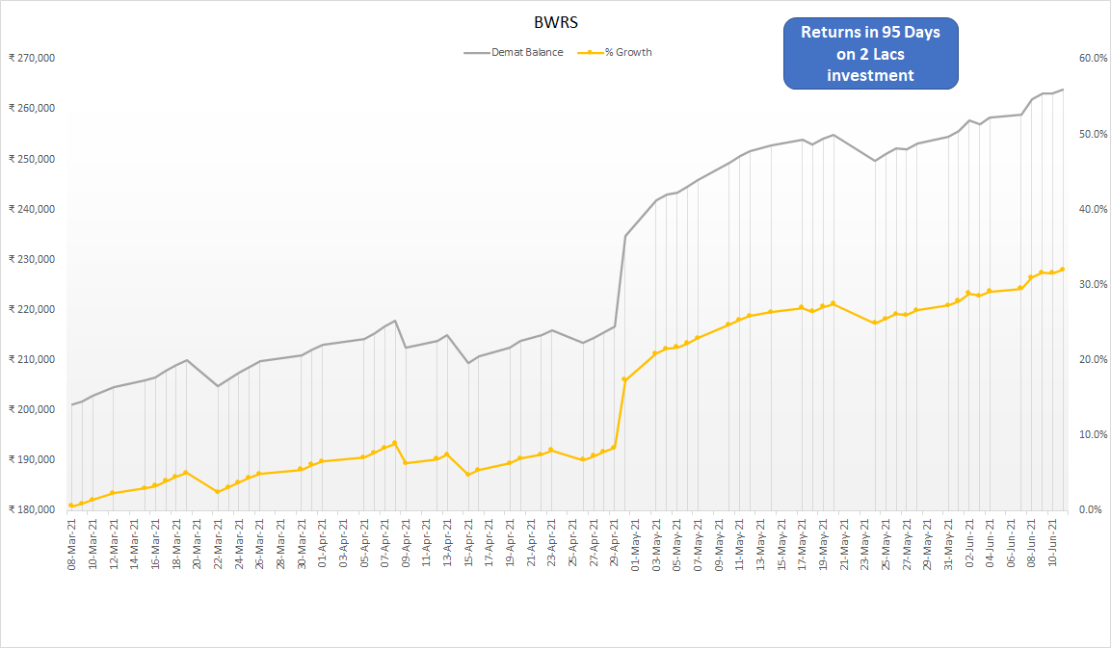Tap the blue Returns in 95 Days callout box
(x=870, y=53)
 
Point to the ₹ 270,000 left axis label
(x=31, y=58)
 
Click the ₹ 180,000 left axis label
(x=31, y=509)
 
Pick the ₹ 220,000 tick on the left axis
(x=31, y=309)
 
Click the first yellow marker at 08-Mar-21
(x=71, y=505)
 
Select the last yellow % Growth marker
(x=1062, y=270)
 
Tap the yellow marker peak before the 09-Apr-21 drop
(x=394, y=444)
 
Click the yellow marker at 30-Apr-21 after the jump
(x=625, y=379)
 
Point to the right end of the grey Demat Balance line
(x=1062, y=90)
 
